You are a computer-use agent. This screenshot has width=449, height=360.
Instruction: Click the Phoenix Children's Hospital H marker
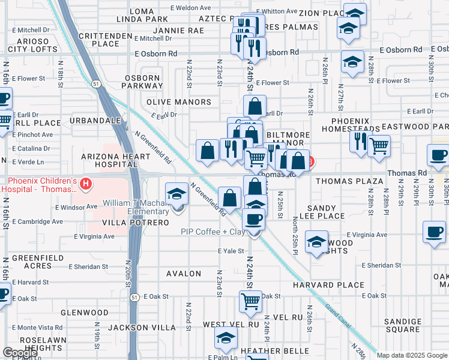click(86, 182)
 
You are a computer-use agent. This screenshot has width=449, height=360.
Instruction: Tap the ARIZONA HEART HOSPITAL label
click(115, 160)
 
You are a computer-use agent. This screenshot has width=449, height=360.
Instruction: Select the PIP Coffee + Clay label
click(213, 232)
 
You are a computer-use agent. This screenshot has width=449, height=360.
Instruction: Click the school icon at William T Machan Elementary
click(176, 194)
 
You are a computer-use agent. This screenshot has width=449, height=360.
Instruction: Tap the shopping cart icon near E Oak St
click(250, 301)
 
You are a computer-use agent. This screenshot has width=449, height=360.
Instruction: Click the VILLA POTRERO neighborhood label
click(128, 223)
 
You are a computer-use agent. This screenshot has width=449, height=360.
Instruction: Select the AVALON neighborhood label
click(184, 274)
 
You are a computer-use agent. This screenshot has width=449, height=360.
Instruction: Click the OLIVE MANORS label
click(179, 102)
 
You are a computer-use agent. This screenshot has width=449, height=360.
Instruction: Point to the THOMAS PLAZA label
click(349, 181)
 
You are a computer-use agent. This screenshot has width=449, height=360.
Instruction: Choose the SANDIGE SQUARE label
click(403, 325)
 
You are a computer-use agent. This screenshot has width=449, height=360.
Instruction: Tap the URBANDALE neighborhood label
click(91, 121)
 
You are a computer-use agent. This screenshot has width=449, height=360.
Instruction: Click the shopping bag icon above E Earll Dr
click(255, 107)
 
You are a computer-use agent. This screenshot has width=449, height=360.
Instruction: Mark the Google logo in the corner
click(19, 353)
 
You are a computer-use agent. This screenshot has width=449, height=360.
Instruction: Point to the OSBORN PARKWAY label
click(143, 82)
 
